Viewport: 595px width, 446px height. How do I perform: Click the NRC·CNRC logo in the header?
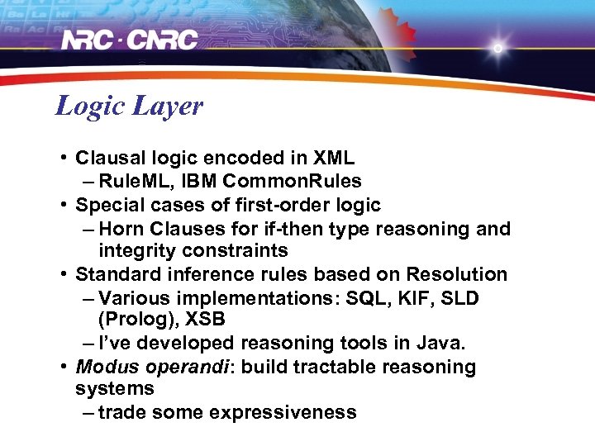pyautogui.click(x=130, y=40)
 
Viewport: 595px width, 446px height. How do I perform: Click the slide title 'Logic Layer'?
pyautogui.click(x=129, y=107)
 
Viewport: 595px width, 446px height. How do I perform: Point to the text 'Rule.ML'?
pyautogui.click(x=131, y=181)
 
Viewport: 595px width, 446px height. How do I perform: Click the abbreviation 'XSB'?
pyautogui.click(x=193, y=319)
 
